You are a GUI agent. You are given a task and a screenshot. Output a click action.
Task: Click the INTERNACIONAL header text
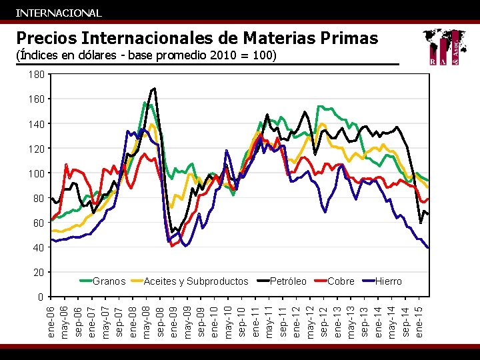click(59, 13)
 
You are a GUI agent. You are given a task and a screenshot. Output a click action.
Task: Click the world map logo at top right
click(444, 48)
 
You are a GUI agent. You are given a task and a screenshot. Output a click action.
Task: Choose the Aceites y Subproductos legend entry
click(195, 281)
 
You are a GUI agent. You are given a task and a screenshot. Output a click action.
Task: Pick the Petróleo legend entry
click(288, 281)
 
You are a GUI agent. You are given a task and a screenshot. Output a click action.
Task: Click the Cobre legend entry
click(341, 281)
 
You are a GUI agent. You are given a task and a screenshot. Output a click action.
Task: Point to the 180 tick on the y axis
click(36, 75)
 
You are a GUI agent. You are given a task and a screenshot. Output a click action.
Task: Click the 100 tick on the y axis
click(36, 173)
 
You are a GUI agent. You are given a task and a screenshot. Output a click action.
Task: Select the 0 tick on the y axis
click(40, 297)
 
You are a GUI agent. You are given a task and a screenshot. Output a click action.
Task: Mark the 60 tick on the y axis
click(38, 223)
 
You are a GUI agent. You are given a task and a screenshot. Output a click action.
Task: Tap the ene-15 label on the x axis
click(419, 322)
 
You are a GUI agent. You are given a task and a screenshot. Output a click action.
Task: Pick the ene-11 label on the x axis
click(256, 322)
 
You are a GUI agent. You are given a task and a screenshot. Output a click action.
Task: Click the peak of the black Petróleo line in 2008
click(155, 88)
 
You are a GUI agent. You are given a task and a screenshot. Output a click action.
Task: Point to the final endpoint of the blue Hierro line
click(427, 247)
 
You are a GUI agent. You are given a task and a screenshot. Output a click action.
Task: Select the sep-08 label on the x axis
click(161, 322)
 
